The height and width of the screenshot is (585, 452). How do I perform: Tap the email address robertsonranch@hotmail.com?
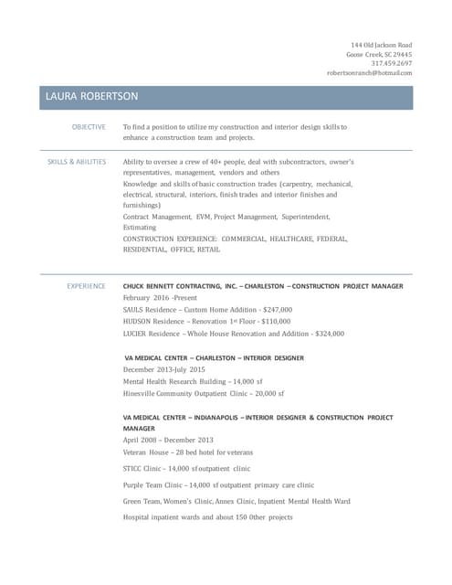[x=370, y=72]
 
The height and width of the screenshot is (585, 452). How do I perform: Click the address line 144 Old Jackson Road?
[x=382, y=45]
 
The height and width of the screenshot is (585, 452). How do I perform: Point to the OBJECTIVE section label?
[x=89, y=127]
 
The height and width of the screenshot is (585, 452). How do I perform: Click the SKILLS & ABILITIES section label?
[x=77, y=162]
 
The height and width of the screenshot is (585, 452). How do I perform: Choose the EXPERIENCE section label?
[x=86, y=286]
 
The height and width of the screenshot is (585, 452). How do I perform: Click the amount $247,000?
[x=277, y=310]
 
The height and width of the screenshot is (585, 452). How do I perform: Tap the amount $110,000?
[x=276, y=322]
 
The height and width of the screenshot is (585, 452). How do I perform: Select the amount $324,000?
[x=329, y=334]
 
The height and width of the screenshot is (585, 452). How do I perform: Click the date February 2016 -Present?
[x=161, y=298]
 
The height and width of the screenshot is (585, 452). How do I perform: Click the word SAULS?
[x=134, y=310]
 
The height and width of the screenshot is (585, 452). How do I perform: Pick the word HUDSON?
[x=138, y=322]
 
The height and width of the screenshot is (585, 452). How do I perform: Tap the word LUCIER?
[x=136, y=334]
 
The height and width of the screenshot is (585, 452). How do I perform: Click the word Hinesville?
[x=142, y=393]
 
